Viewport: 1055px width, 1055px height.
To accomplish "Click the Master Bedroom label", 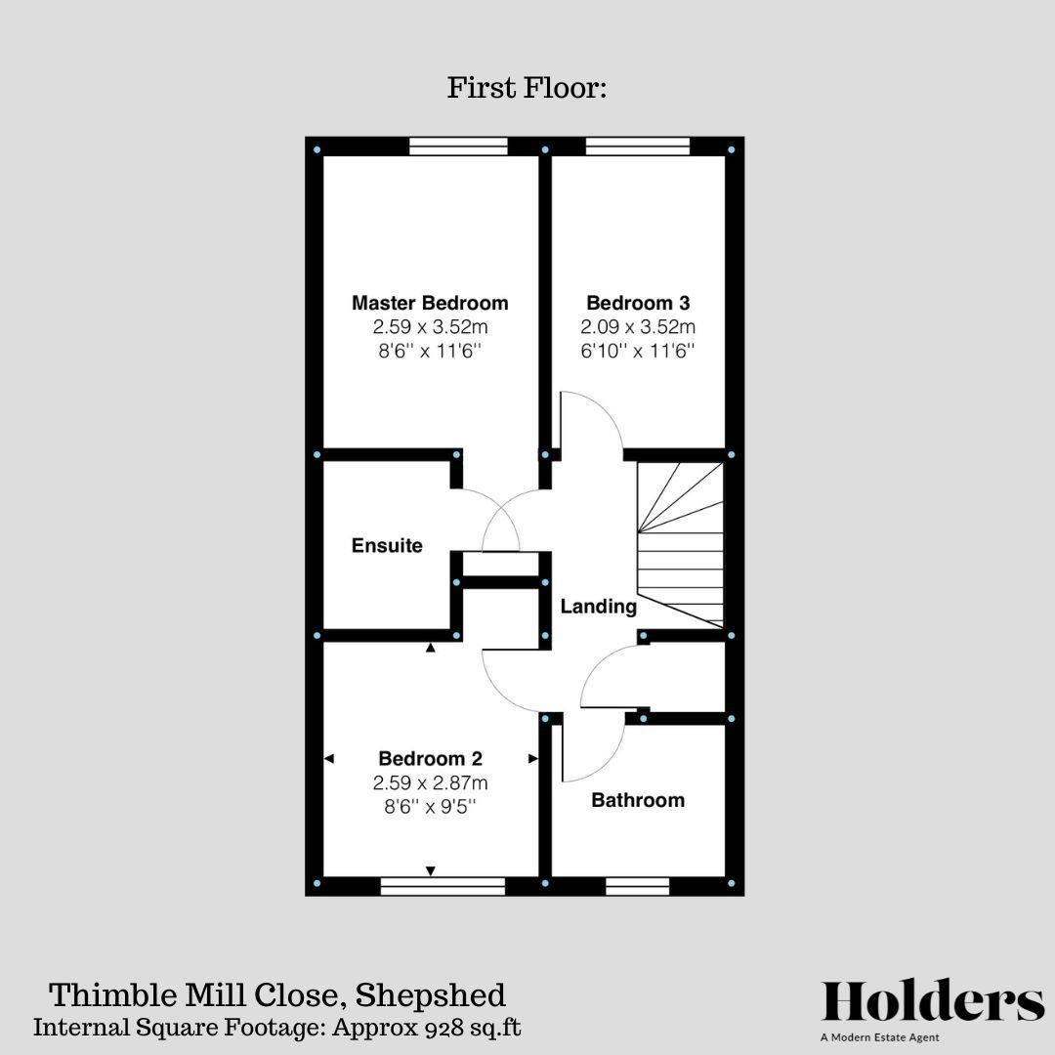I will coord(430,303).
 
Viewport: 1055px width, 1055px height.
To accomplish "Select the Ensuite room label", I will coord(387,546).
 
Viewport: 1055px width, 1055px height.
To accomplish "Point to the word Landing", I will coord(598,607).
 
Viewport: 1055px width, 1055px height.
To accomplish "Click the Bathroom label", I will coord(638,800).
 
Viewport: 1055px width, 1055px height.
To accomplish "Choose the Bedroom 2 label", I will coord(430,758).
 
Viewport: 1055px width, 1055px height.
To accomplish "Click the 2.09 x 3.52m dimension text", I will coord(638,327).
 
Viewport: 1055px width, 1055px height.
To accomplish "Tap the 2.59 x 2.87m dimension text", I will coord(430,782).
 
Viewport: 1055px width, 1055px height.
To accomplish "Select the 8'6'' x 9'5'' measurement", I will coord(430,807).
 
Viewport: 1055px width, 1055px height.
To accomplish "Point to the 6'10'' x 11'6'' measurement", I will coord(638,351).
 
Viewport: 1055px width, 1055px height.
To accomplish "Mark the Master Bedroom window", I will coord(458,147).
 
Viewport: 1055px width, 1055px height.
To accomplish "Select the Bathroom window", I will coord(638,886).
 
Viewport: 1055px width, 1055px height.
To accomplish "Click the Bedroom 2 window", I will coord(443,886).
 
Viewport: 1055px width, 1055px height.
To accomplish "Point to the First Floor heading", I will coord(527,88).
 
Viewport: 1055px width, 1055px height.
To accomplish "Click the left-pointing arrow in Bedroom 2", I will coord(329,758).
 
